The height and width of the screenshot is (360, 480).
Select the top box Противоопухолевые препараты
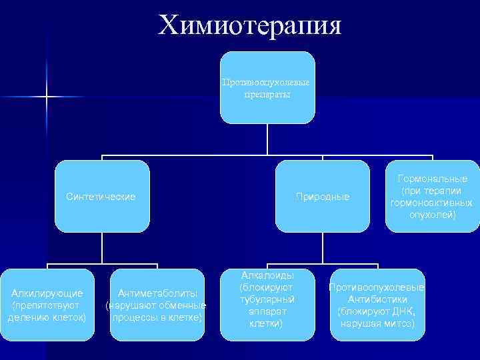click(267, 87)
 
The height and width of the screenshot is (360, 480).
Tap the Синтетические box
click(101, 196)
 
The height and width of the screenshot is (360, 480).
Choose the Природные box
click(322, 196)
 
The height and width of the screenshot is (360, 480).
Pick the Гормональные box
click(433, 196)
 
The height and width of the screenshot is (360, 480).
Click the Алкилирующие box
click(47, 305)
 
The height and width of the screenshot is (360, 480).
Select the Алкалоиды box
click(266, 305)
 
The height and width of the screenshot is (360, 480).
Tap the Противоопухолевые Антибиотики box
click(377, 305)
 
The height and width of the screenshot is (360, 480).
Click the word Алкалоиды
click(266, 275)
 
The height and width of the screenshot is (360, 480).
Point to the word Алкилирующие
click(47, 293)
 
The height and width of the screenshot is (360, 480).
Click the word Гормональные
click(433, 179)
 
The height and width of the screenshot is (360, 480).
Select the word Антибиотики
click(377, 299)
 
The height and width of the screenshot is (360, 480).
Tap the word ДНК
click(405, 311)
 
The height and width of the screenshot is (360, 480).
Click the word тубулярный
click(266, 299)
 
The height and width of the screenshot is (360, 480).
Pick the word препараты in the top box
click(267, 95)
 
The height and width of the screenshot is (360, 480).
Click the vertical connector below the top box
click(267, 140)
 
